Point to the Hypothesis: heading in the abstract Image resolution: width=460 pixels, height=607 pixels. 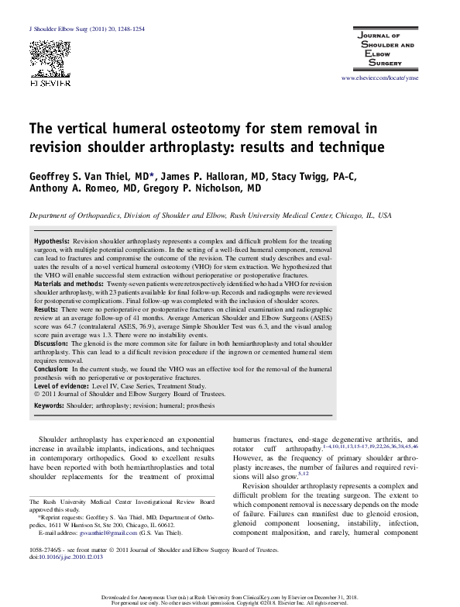click(52, 241)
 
